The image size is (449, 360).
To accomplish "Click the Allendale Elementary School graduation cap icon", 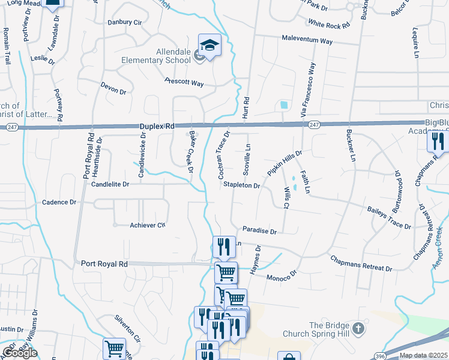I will (x=210, y=45).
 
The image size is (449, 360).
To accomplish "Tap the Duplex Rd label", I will (x=157, y=127).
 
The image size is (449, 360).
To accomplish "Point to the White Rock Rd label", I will (x=328, y=25).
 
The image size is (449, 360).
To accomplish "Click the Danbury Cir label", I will (x=124, y=22).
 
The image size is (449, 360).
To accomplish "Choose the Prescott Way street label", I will (x=184, y=82).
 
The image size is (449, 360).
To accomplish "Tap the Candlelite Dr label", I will (x=110, y=185).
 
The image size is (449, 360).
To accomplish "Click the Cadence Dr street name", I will (x=59, y=202).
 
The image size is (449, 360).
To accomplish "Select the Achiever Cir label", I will (x=148, y=225).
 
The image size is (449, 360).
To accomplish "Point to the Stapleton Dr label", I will (x=241, y=186).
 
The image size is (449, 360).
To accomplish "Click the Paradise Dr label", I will (x=259, y=230).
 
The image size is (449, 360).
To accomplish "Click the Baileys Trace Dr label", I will (x=388, y=218).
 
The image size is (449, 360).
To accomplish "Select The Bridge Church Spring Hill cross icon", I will (x=358, y=328).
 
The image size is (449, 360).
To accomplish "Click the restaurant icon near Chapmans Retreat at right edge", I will (x=438, y=142).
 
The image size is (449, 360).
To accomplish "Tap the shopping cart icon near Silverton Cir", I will (x=114, y=348).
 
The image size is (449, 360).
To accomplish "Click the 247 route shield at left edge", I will (x=12, y=127).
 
